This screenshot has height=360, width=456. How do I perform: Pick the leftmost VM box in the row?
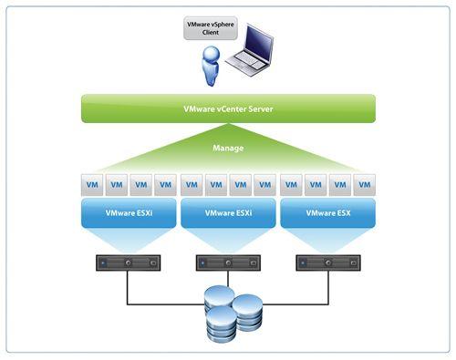[x=92, y=185]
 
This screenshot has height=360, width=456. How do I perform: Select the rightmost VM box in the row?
[x=364, y=185]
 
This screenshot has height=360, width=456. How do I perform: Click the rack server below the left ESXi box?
[x=129, y=263]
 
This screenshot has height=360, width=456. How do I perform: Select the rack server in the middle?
[x=228, y=263]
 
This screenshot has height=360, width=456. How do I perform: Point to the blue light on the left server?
[x=104, y=263]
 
